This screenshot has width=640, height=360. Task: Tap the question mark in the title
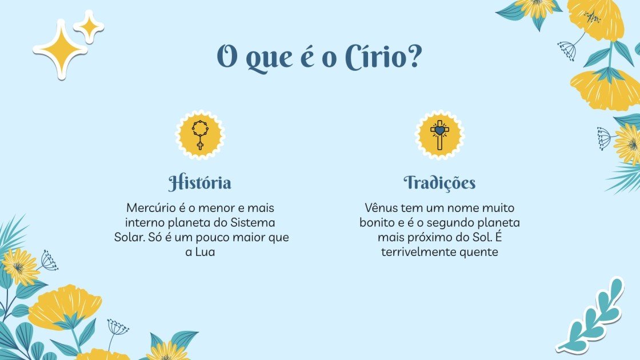pos(414,58)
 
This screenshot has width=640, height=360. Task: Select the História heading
pos(200,183)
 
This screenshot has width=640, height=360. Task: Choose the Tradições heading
pos(439,183)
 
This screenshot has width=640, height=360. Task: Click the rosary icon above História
pos(200,135)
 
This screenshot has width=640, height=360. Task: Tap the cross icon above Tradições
pos(439,135)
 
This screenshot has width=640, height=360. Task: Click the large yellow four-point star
pos(60,49)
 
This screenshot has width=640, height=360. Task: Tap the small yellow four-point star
pos(89,26)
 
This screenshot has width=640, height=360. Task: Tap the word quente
pos(479,251)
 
